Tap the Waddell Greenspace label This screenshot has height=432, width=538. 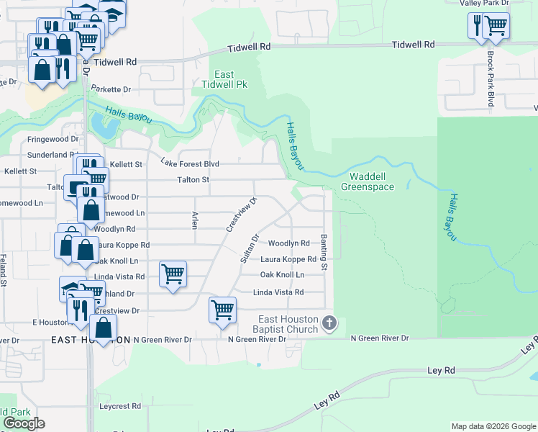[x=367, y=181]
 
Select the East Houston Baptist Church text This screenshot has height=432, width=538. [x=289, y=325]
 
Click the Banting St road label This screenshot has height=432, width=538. [x=324, y=252]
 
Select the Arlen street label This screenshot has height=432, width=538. [x=194, y=220]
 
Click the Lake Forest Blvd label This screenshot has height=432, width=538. [x=189, y=164]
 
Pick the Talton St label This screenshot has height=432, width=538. [x=193, y=180]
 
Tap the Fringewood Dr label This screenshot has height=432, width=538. [x=53, y=139]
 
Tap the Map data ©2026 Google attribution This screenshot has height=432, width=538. [x=492, y=426]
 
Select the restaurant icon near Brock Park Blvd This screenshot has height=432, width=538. [x=476, y=25]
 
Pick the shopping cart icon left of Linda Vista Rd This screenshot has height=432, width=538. [x=173, y=274]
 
